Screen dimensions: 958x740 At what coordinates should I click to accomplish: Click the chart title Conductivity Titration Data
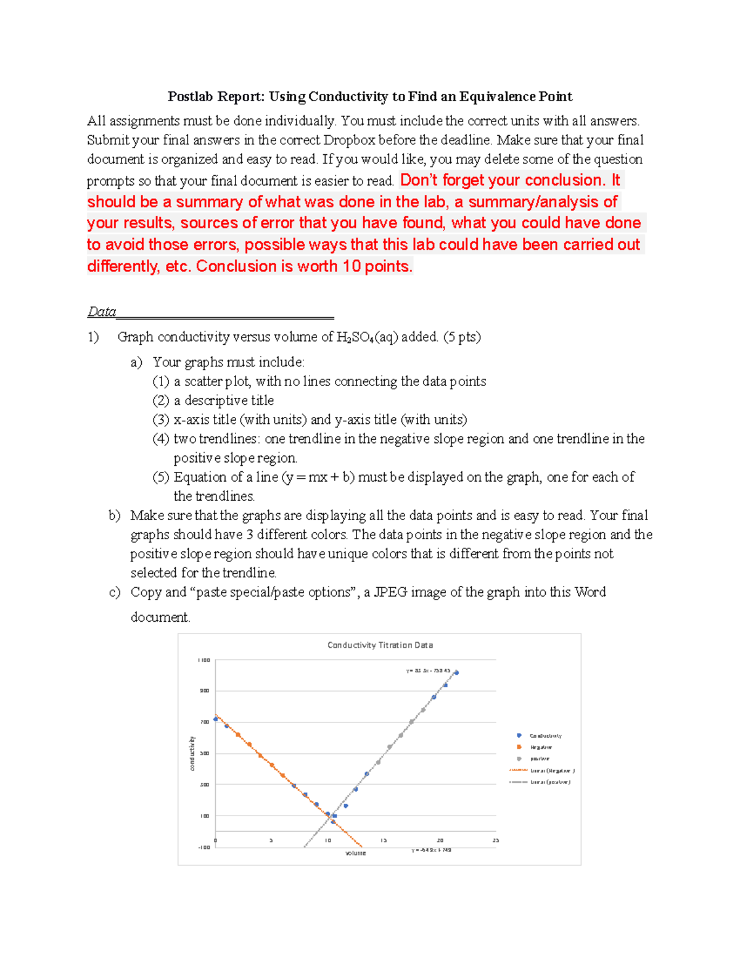[380, 645]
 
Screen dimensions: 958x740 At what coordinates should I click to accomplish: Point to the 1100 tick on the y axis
[203, 660]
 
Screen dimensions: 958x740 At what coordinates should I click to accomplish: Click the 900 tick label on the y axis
[204, 691]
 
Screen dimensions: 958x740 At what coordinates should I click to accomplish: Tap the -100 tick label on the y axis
[203, 848]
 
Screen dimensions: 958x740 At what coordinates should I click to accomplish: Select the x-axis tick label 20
[440, 840]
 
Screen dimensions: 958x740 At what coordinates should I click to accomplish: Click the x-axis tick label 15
[383, 840]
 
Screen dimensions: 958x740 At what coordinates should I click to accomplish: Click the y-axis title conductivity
[192, 753]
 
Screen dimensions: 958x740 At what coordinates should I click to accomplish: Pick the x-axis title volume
[355, 853]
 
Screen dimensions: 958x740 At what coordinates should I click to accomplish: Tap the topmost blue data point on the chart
[456, 672]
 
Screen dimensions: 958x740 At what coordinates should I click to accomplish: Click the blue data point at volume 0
[215, 719]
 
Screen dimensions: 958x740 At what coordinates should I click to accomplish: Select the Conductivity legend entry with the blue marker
[545, 735]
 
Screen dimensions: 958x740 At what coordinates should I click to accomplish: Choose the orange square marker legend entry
[540, 747]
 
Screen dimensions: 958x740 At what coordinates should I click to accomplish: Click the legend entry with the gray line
[540, 782]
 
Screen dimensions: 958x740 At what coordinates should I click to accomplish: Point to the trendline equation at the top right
[428, 671]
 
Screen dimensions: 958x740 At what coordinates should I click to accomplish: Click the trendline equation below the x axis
[431, 850]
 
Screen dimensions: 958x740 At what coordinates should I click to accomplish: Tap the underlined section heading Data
[102, 312]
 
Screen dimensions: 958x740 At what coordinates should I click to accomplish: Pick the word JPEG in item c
[390, 592]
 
